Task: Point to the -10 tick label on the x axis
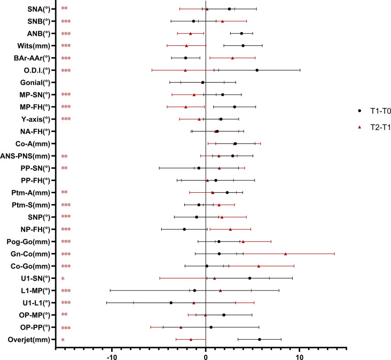tap(112, 357)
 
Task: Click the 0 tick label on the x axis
tap(206, 357)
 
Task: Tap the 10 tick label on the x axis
tap(299, 357)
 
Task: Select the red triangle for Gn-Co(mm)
tap(285, 254)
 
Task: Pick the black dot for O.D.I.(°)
tap(257, 70)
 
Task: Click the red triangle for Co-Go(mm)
tap(259, 266)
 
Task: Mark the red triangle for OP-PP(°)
tap(181, 327)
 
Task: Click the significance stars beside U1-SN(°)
tap(63, 279)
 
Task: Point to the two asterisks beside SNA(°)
tap(64, 9)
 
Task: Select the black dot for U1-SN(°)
tap(249, 278)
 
